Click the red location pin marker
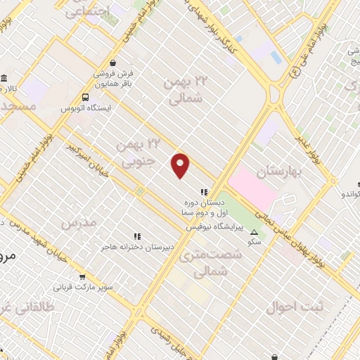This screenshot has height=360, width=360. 181,165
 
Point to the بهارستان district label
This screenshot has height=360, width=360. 278,172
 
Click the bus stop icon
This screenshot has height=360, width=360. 85,98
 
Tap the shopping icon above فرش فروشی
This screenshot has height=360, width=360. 112,61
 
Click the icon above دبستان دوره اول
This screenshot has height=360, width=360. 204,191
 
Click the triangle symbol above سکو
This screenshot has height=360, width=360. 254,232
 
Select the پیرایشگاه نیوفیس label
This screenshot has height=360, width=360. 214,227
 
